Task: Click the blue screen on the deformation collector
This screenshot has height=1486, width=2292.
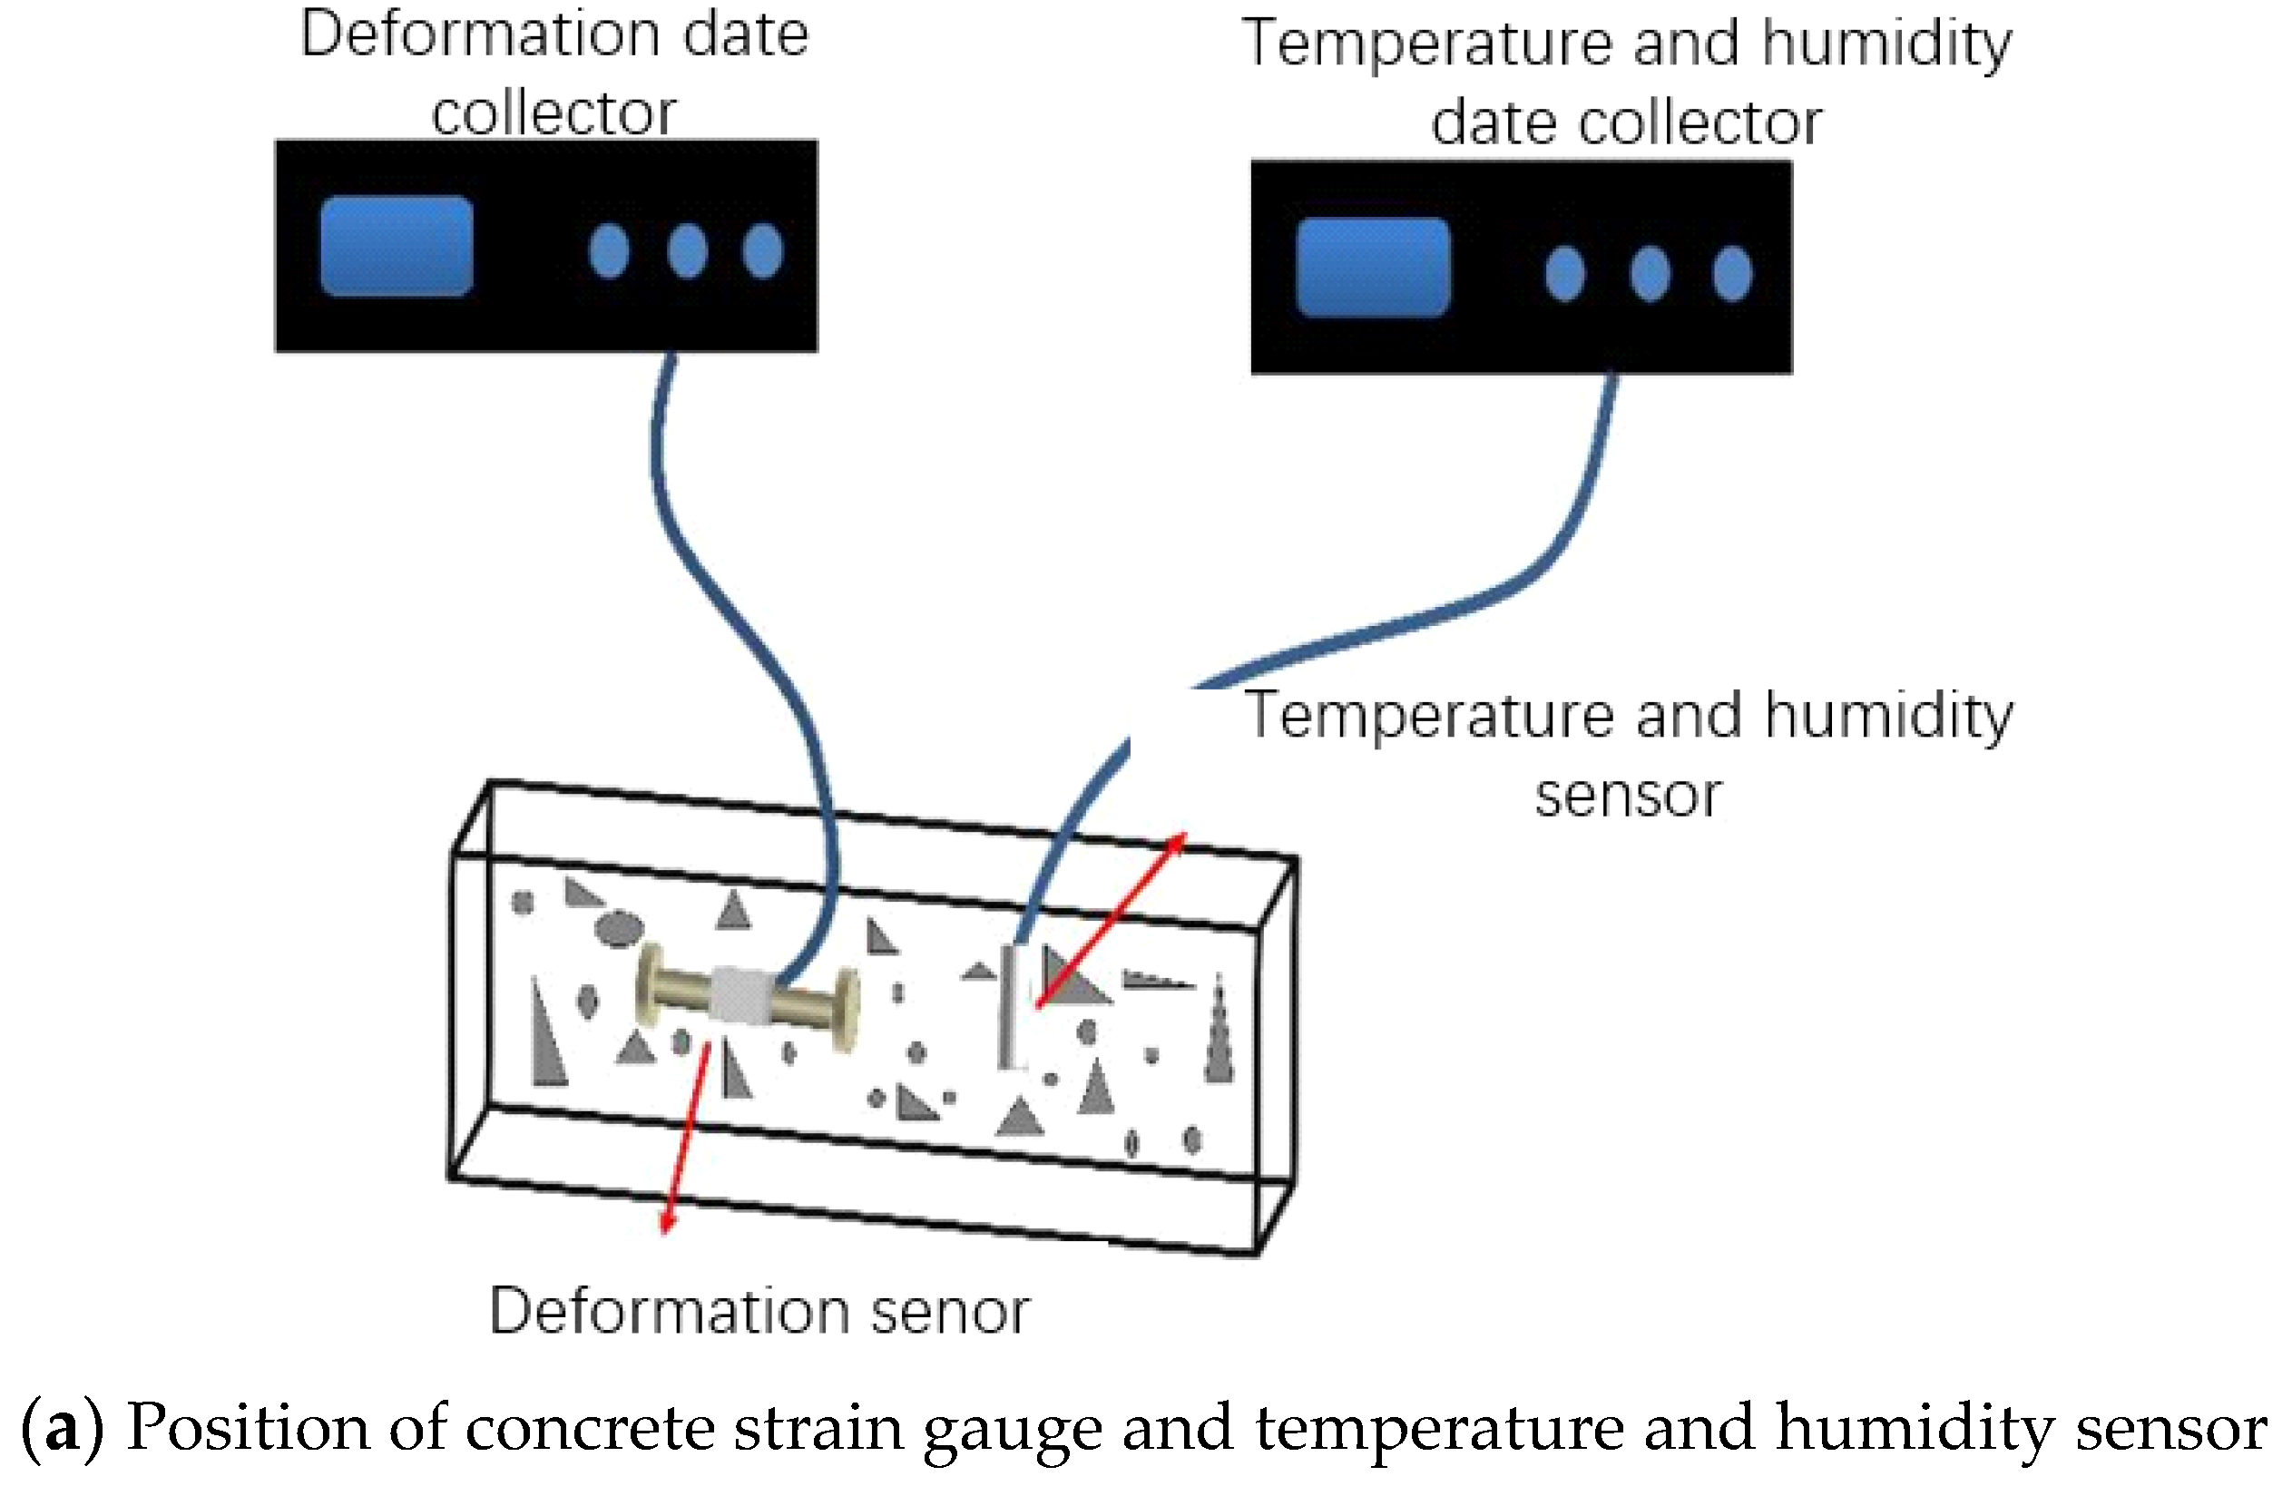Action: point(396,247)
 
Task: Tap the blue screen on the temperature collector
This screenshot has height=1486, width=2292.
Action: point(1372,267)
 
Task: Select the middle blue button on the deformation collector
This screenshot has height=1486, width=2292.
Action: point(687,251)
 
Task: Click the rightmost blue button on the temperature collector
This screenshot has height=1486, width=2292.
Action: point(1731,273)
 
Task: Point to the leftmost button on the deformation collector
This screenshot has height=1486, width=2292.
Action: point(609,251)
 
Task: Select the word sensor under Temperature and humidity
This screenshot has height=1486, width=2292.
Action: point(1628,796)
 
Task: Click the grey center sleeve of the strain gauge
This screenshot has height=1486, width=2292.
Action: point(741,995)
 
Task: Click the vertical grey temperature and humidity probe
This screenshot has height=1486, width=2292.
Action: point(1011,1006)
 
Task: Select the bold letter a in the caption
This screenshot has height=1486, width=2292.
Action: point(62,1427)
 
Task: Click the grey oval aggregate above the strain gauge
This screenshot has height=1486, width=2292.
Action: point(618,928)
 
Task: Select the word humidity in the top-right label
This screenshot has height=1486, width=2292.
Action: point(1886,44)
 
